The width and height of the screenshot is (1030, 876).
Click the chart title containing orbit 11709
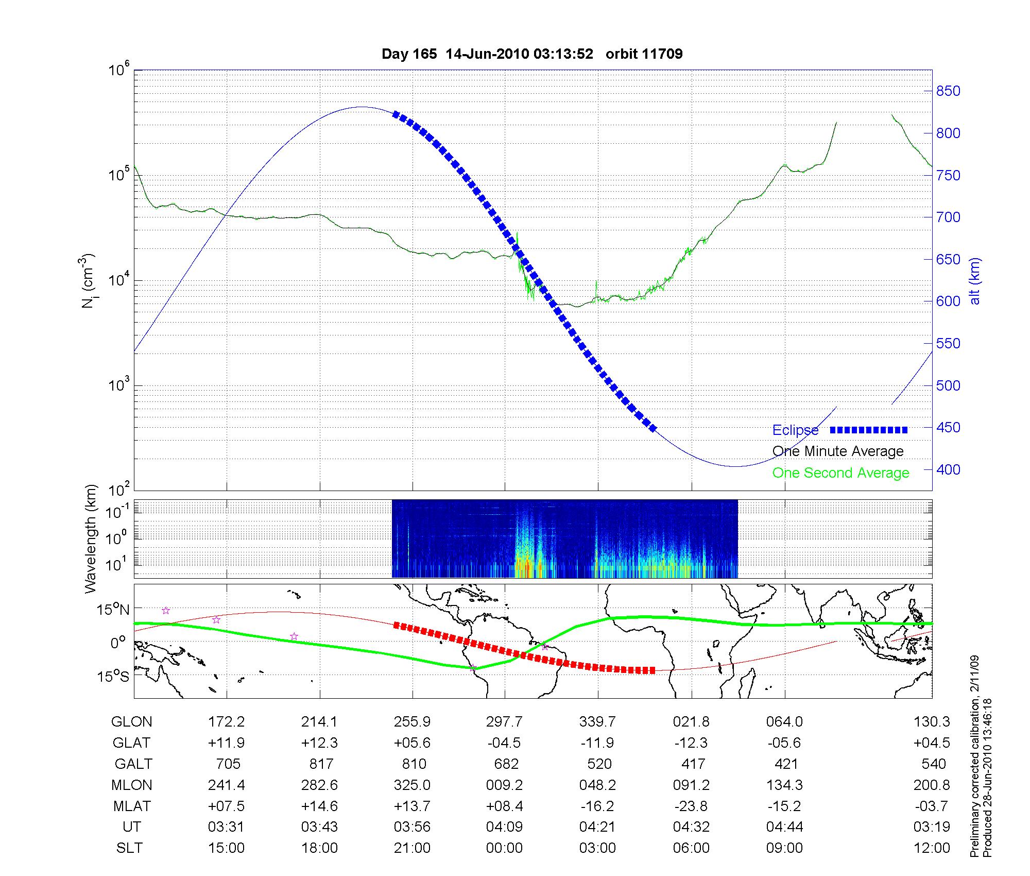(532, 54)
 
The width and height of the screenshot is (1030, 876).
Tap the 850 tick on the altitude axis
(948, 91)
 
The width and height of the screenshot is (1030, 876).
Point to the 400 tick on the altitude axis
(948, 469)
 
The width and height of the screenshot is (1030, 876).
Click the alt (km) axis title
(975, 281)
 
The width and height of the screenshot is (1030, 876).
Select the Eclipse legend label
(795, 430)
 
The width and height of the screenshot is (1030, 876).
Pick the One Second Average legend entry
(840, 473)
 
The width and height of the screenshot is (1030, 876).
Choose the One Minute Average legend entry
(838, 451)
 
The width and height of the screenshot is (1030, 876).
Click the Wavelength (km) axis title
(91, 538)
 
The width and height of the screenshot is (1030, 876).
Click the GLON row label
(131, 722)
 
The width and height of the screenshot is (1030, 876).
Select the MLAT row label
(131, 806)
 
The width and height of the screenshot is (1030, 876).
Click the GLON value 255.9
(412, 722)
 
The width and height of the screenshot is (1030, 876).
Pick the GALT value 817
(320, 764)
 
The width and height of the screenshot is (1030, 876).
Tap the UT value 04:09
(504, 827)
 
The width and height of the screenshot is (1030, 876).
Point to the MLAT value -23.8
(691, 806)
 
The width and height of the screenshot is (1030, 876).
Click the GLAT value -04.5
(504, 743)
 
